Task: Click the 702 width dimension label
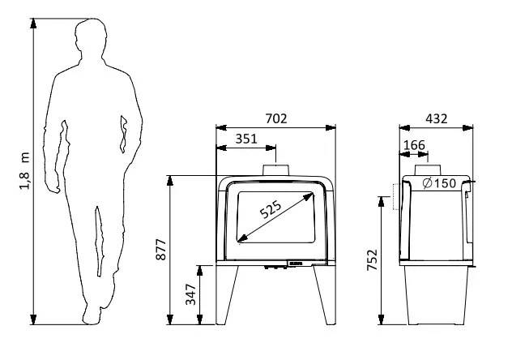276,118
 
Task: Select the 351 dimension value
246,139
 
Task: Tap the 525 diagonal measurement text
271,209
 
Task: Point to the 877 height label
161,250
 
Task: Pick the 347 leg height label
190,294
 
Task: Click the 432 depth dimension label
436,118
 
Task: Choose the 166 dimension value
414,145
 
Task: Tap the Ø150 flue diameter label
439,183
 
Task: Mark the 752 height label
372,260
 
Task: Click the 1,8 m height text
25,171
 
